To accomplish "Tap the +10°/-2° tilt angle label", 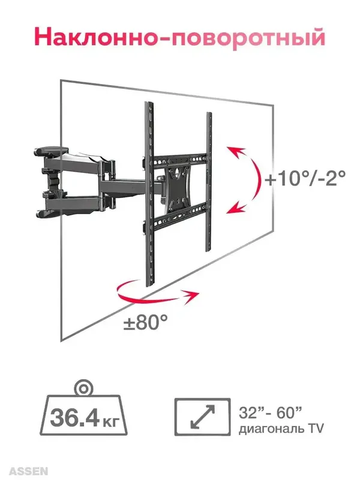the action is point(305,178).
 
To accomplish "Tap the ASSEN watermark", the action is point(28,471).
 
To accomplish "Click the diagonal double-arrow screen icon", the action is point(202,417).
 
